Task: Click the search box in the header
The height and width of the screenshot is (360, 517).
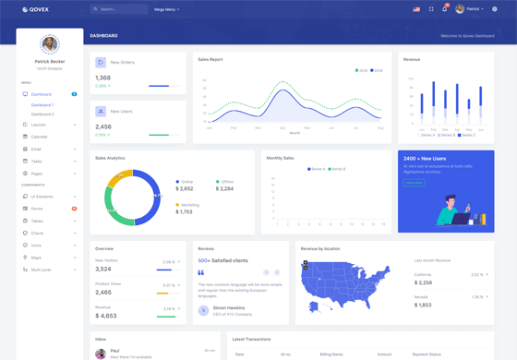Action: coord(119,9)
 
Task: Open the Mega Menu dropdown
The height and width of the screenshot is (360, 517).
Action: coord(167,9)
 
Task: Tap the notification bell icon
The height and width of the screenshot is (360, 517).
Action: coord(445,9)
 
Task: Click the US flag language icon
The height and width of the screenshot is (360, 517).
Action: coord(416,9)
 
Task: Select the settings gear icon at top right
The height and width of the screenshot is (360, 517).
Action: coord(495,9)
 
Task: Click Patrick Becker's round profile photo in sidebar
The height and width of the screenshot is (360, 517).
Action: coord(49,43)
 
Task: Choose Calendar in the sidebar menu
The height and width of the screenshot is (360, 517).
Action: coord(40,137)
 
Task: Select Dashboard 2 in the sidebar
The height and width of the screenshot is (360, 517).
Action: coord(42,114)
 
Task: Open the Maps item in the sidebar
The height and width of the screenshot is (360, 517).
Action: coord(37,258)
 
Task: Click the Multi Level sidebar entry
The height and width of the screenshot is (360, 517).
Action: coord(42,270)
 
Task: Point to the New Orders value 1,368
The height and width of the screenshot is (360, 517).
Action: coord(102,78)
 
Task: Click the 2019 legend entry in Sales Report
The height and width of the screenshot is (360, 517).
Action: coord(362,70)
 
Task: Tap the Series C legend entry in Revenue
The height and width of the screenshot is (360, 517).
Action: coord(468,135)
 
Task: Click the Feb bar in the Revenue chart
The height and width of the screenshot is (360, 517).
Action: coord(434,100)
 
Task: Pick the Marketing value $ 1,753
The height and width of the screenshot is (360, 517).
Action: coord(184,212)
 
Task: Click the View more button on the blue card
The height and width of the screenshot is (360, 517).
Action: coord(415,183)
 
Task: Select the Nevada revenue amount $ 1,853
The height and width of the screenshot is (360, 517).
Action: coord(423,305)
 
